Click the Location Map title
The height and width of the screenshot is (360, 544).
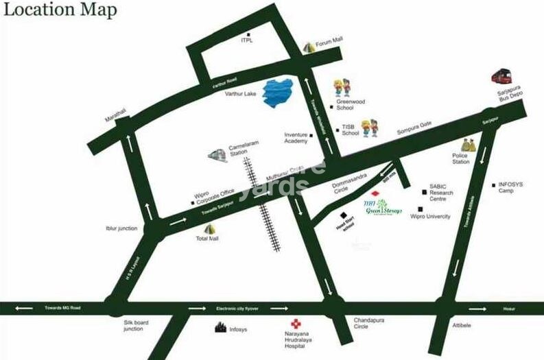[x=59, y=11]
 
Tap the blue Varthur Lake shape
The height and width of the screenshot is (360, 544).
[x=279, y=93]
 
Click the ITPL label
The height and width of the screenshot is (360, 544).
[x=247, y=40]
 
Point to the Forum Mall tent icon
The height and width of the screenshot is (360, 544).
[x=308, y=47]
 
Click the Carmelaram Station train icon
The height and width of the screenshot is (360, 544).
[x=217, y=156]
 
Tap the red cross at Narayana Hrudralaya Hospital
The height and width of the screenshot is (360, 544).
[x=296, y=324]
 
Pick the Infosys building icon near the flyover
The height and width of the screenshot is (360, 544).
[x=222, y=328]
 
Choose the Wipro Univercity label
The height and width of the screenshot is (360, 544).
[x=430, y=216]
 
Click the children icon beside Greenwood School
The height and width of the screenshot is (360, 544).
[x=341, y=88]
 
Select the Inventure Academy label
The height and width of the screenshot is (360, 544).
[x=296, y=138]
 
